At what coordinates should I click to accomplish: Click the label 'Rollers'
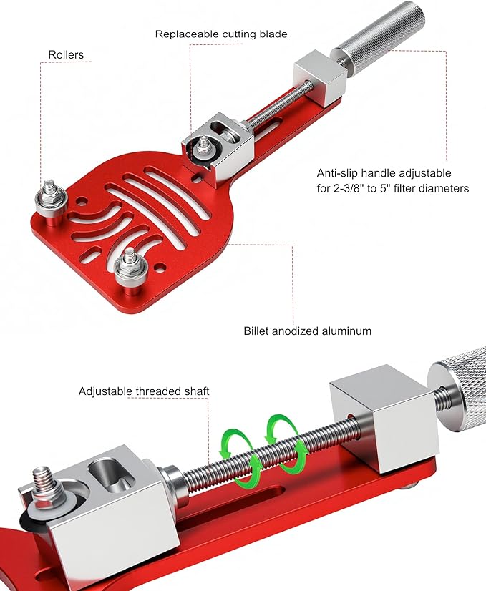(x=66, y=54)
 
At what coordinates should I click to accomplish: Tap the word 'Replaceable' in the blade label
(x=187, y=34)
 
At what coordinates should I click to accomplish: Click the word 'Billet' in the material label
(x=256, y=331)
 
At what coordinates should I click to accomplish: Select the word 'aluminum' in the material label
(x=347, y=331)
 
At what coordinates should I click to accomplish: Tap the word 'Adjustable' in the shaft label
(x=105, y=391)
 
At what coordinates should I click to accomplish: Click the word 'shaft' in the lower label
(x=197, y=391)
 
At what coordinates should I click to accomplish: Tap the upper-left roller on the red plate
(x=52, y=199)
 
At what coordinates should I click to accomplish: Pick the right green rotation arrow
(x=286, y=443)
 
